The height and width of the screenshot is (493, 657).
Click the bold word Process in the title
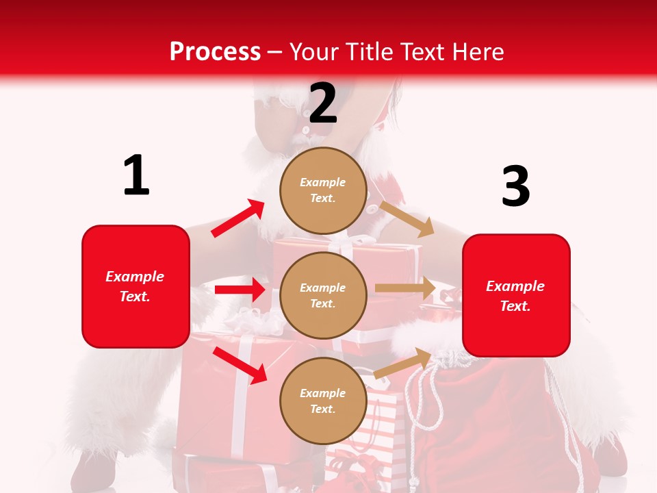215,52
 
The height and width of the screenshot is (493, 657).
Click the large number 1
136,175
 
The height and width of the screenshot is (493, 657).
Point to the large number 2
323,103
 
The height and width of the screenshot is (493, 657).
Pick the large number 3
515,186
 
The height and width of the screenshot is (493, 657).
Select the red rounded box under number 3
516,329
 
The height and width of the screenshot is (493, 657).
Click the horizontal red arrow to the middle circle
240,290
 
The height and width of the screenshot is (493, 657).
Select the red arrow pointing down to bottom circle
240,364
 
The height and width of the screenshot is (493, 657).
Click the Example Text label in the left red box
135,286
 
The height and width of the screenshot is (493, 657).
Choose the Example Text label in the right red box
515,296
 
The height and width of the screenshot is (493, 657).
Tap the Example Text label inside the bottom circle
323,401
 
